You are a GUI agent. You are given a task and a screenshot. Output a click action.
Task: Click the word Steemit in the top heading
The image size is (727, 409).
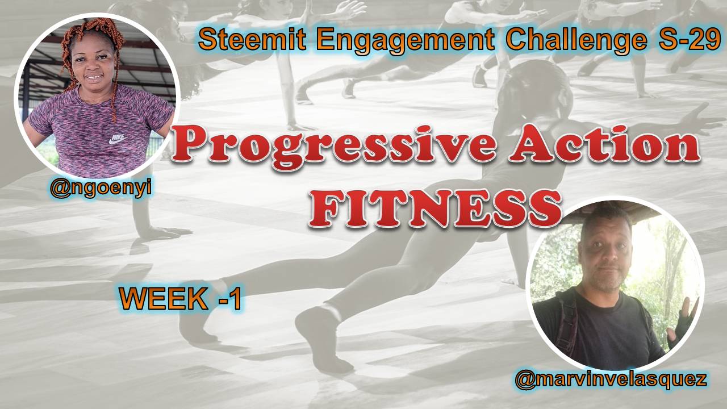tap(252, 40)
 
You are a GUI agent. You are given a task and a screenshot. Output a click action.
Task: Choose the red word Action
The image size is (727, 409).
tap(604, 144)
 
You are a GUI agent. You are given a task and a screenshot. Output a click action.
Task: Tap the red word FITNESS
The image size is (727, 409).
tap(436, 208)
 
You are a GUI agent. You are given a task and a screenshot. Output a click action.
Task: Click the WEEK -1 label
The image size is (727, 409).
tap(181, 299)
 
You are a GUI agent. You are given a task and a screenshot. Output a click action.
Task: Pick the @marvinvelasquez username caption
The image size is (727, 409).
tap(611, 380)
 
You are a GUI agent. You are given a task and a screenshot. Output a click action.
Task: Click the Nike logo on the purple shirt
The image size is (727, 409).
tap(118, 139)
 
